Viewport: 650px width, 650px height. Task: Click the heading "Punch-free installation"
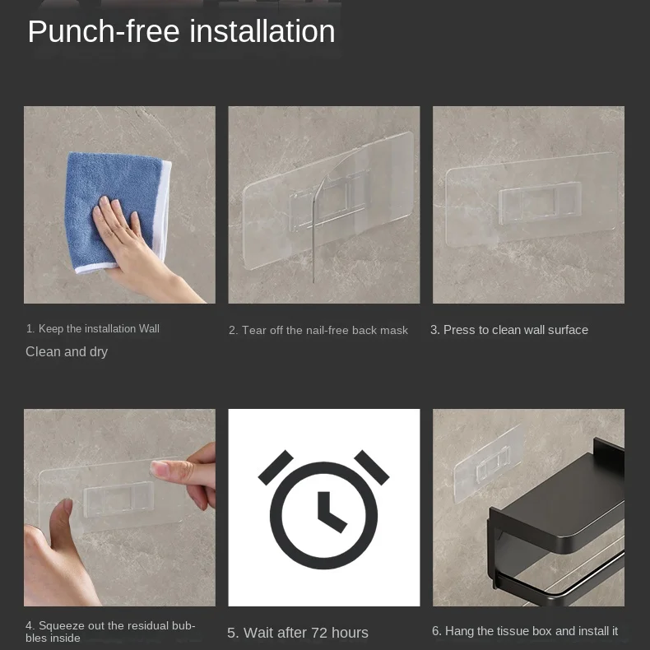point(181,32)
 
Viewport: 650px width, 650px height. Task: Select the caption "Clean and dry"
point(67,352)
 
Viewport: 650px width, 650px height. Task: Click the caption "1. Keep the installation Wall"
point(93,329)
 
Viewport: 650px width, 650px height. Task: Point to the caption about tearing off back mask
point(318,331)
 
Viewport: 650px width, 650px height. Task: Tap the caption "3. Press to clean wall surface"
point(509,330)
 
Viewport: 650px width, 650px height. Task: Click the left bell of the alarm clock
point(276,467)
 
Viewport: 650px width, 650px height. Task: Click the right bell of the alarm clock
point(372,467)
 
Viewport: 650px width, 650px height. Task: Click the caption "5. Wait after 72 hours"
point(298,633)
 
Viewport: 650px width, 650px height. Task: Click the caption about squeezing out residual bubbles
point(110,632)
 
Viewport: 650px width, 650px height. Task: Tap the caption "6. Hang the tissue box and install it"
point(525,631)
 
